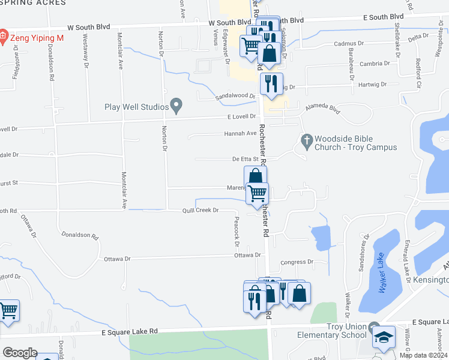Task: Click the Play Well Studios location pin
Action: point(176,106)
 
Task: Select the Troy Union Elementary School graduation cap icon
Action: point(384,338)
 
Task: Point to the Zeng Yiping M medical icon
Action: point(4,37)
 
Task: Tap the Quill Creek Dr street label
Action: point(200,211)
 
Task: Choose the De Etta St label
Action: point(245,159)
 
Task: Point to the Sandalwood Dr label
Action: point(236,96)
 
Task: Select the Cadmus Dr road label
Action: point(349,44)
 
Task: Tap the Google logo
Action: point(20,353)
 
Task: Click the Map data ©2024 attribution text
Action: point(423,355)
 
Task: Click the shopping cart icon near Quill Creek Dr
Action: point(257,193)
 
